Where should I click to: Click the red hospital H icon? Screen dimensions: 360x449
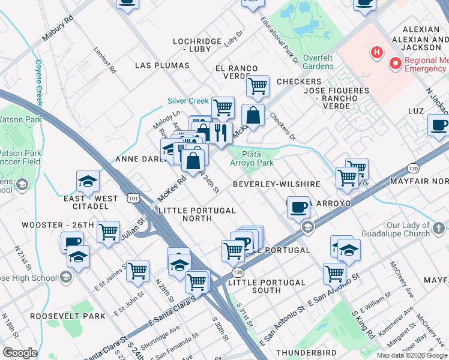point(376,53)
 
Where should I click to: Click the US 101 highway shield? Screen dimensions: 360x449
point(133,197)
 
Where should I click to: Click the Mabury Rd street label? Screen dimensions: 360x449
point(57,28)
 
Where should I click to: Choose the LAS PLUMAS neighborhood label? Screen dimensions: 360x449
point(158,64)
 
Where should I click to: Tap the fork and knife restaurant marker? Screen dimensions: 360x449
point(221,133)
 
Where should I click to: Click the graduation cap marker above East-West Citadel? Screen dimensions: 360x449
point(88,181)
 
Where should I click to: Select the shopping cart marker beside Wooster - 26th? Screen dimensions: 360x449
point(109,232)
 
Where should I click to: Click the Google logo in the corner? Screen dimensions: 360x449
point(20,353)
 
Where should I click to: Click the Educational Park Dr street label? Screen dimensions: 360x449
point(279,40)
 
